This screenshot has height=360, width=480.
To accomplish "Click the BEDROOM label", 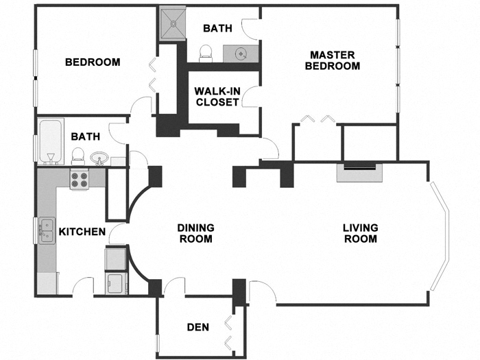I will pyautogui.click(x=93, y=62).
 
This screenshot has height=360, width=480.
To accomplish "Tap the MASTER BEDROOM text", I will pyautogui.click(x=332, y=60).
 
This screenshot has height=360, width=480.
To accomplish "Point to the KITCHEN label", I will pyautogui.click(x=82, y=232).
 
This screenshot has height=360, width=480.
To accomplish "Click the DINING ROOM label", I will pyautogui.click(x=195, y=233).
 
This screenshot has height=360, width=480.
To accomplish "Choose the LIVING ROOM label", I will pyautogui.click(x=360, y=233).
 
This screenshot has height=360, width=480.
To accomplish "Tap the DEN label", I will pyautogui.click(x=197, y=326).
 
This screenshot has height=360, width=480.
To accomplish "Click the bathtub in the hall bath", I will pyautogui.click(x=49, y=143).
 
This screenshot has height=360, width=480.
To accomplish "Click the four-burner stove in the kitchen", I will pyautogui.click(x=80, y=180).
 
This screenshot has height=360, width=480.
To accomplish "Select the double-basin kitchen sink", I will pyautogui.click(x=47, y=230).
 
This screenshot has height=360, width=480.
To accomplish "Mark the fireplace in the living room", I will pyautogui.click(x=360, y=171).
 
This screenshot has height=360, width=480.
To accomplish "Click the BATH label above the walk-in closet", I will pyautogui.click(x=218, y=28).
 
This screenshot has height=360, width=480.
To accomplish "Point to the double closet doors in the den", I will pyautogui.click(x=228, y=328).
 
